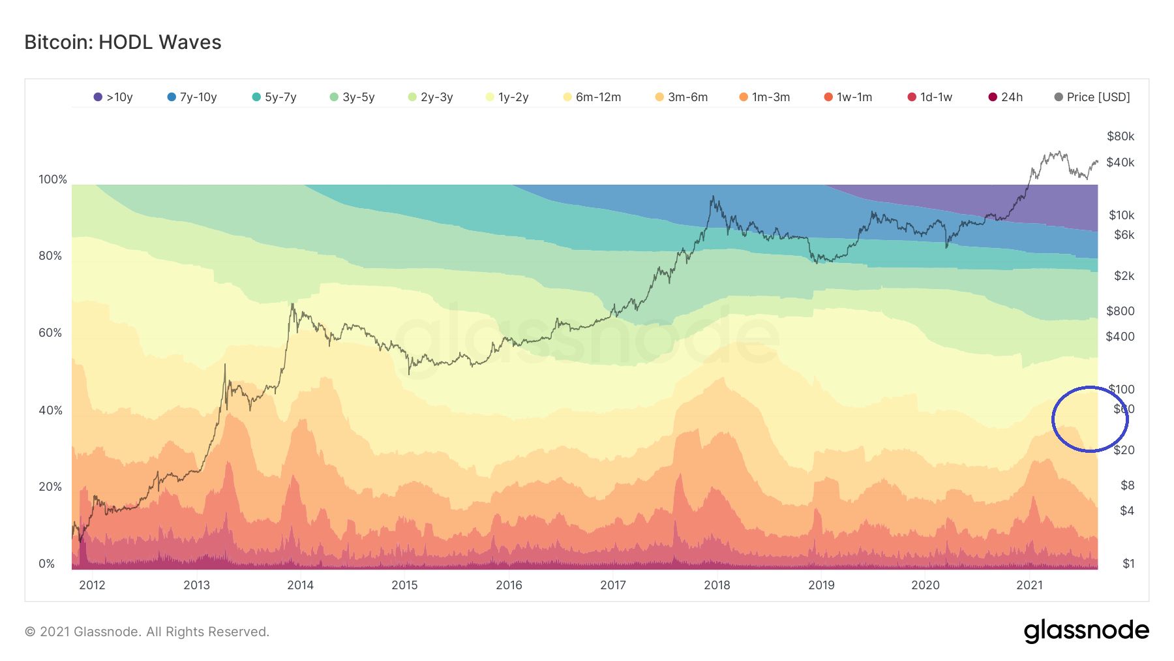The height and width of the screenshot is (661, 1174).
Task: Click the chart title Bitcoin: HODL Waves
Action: pyautogui.click(x=123, y=42)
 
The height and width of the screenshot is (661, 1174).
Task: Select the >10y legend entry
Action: pyautogui.click(x=113, y=97)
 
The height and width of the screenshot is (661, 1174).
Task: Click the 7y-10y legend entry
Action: pyautogui.click(x=192, y=97)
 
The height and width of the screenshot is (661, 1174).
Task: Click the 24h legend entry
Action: pyautogui.click(x=1006, y=97)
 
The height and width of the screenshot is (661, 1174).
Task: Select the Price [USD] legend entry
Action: pyautogui.click(x=1092, y=97)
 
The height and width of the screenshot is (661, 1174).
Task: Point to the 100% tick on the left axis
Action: pyautogui.click(x=53, y=179)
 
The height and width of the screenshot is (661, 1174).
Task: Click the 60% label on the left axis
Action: pyautogui.click(x=50, y=333)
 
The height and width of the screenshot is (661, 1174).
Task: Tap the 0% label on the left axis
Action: pyautogui.click(x=47, y=564)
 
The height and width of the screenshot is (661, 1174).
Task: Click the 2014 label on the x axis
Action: pyautogui.click(x=301, y=585)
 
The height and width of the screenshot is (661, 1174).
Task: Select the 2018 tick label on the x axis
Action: pyautogui.click(x=717, y=585)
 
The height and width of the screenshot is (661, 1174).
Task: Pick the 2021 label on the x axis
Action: pyautogui.click(x=1029, y=585)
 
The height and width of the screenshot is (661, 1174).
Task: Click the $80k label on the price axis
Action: pyautogui.click(x=1121, y=136)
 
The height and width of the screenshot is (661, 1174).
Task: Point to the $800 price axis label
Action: pyautogui.click(x=1121, y=311)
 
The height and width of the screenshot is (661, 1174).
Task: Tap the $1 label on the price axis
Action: pyautogui.click(x=1128, y=564)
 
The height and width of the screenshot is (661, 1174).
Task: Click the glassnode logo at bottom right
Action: pyautogui.click(x=1086, y=631)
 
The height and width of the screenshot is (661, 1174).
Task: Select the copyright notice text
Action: pyautogui.click(x=147, y=632)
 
